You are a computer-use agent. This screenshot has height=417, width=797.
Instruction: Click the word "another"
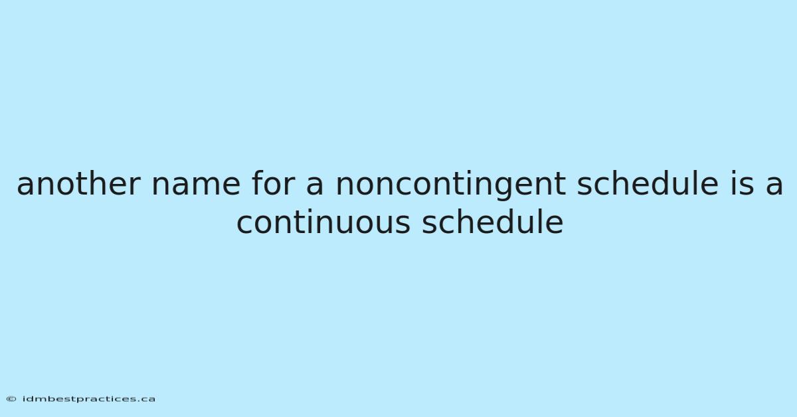[78, 183]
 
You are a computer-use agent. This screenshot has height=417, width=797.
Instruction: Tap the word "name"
[196, 187]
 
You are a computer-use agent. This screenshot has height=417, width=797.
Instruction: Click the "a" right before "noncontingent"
[315, 187]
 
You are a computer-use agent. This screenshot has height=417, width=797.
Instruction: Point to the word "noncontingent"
[450, 186]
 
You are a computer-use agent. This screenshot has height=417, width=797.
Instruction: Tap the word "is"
[742, 183]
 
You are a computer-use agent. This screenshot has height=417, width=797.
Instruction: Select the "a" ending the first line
[774, 187]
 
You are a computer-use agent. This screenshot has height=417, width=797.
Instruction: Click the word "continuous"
[323, 222]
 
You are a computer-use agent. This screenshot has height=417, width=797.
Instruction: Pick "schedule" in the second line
[492, 222]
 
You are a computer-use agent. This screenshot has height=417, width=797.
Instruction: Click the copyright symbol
[11, 399]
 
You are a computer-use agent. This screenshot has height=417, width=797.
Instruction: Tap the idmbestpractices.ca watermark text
[88, 399]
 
